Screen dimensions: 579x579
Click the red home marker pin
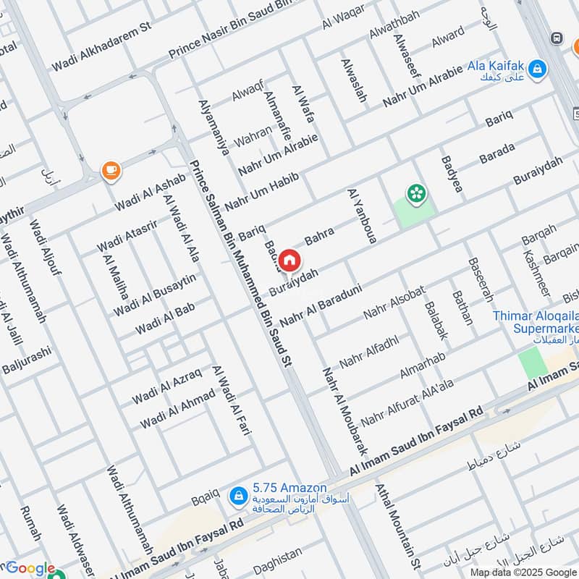coord(289,260)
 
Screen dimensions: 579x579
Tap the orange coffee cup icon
coord(110,171)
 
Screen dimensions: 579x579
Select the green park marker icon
coord(416,193)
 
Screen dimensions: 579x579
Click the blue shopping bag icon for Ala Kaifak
coord(537,69)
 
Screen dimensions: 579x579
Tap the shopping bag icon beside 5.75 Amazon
coord(237,496)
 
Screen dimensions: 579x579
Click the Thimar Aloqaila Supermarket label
coord(535,323)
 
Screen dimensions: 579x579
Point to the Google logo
coord(30,569)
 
